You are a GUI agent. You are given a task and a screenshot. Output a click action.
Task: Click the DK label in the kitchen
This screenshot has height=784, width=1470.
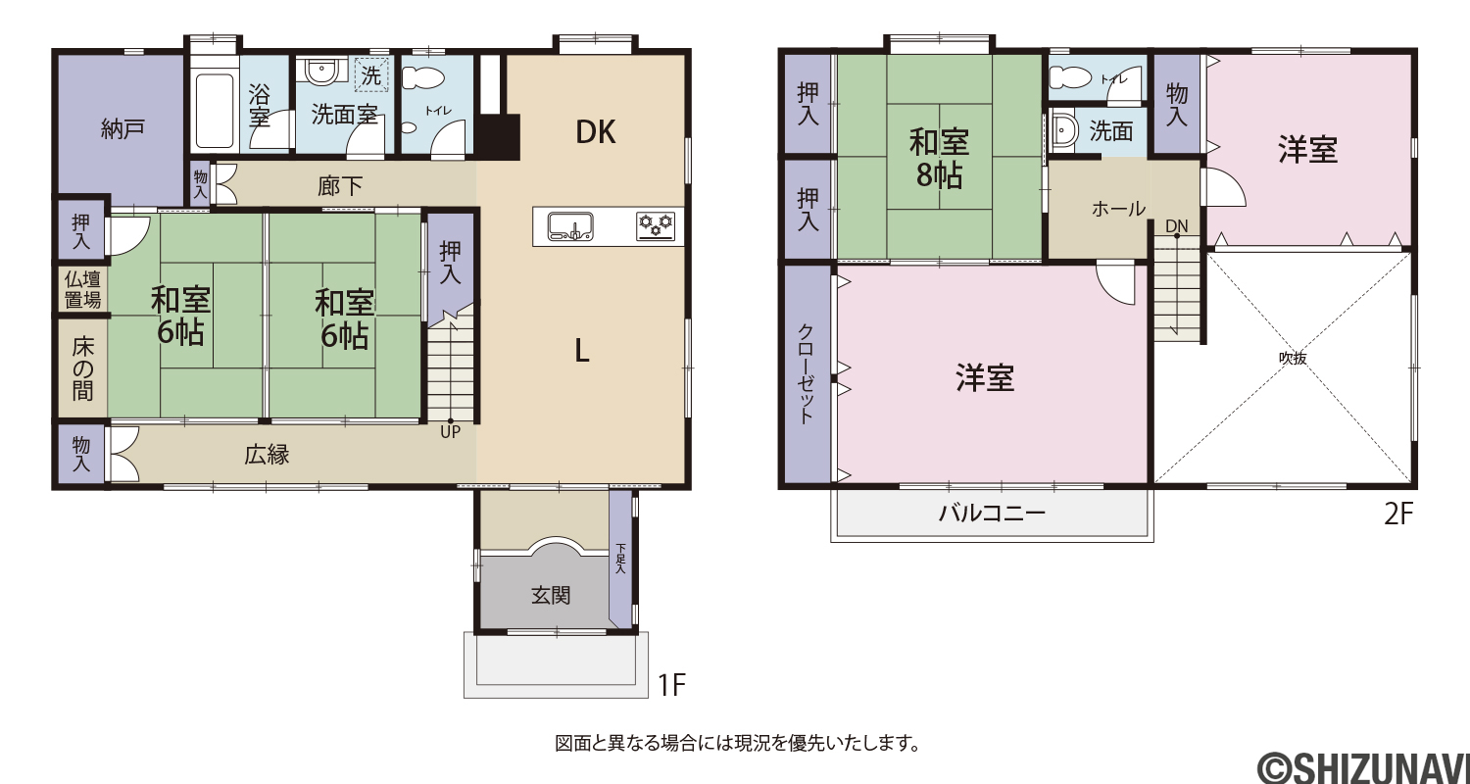point(595,132)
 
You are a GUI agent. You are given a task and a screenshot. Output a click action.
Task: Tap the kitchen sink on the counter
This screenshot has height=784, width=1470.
point(570,226)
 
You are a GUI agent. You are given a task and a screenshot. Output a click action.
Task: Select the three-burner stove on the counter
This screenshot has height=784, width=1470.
point(656,226)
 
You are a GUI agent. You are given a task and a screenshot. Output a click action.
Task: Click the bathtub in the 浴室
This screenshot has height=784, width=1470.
point(215,111)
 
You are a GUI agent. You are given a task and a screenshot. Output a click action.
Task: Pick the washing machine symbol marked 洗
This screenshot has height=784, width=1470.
point(371,74)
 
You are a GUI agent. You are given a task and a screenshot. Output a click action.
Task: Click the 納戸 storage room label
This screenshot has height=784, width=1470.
point(122,128)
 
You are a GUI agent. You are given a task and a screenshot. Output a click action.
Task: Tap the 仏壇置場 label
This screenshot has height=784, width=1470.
point(82,290)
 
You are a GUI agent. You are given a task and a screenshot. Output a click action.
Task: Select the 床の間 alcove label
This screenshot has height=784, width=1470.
point(82,368)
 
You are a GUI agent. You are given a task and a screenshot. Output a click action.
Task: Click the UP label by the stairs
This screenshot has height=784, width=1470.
point(450,432)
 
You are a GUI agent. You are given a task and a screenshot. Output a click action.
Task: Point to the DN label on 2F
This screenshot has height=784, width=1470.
point(1177,226)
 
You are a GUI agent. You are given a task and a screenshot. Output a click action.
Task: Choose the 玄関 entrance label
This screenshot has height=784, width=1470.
point(551,596)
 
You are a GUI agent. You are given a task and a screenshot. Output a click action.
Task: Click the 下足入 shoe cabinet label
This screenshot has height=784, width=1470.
point(620,559)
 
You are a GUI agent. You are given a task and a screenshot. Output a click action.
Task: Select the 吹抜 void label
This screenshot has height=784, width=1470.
point(1293,359)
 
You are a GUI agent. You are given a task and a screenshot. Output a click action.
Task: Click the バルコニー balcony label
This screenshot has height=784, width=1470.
point(992,513)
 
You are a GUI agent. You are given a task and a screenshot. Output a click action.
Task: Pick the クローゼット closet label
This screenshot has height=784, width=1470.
point(806,374)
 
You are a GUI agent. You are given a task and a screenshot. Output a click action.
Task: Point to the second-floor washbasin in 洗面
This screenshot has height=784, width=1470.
point(1061,132)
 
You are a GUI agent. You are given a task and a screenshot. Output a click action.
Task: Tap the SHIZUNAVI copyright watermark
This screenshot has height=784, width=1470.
point(1363,768)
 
